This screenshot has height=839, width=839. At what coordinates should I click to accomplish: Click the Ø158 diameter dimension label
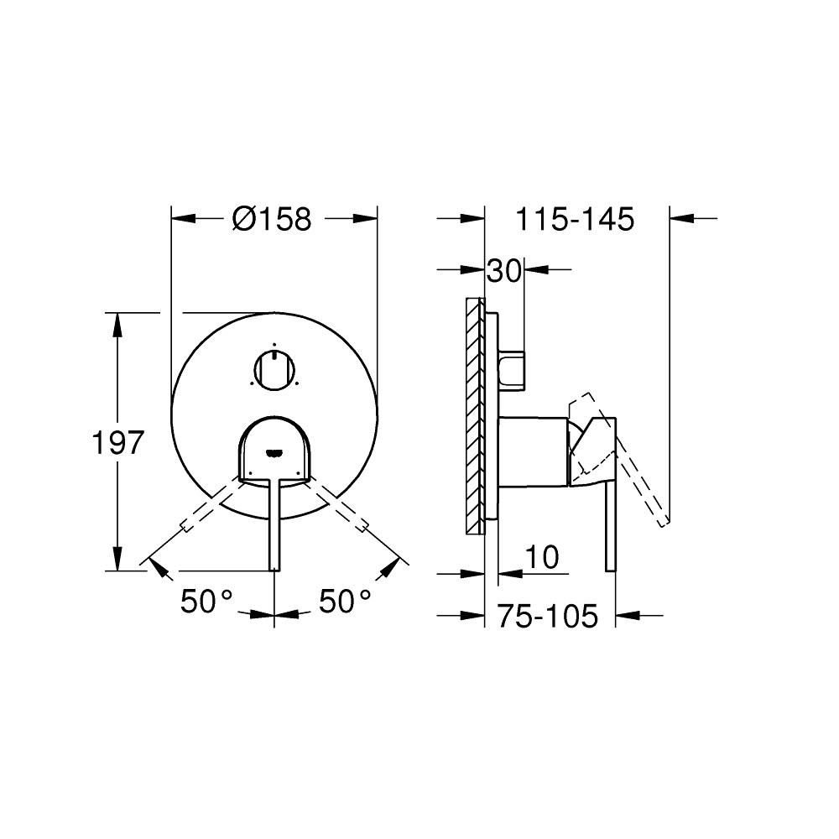(271, 220)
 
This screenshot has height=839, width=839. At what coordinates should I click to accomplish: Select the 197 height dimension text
(117, 442)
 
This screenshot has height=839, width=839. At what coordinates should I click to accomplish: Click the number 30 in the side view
(504, 270)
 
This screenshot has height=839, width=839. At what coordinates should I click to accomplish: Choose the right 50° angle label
(344, 602)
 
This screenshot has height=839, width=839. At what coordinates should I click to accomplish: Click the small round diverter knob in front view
(274, 370)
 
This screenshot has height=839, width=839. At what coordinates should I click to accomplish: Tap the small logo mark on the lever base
(274, 453)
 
